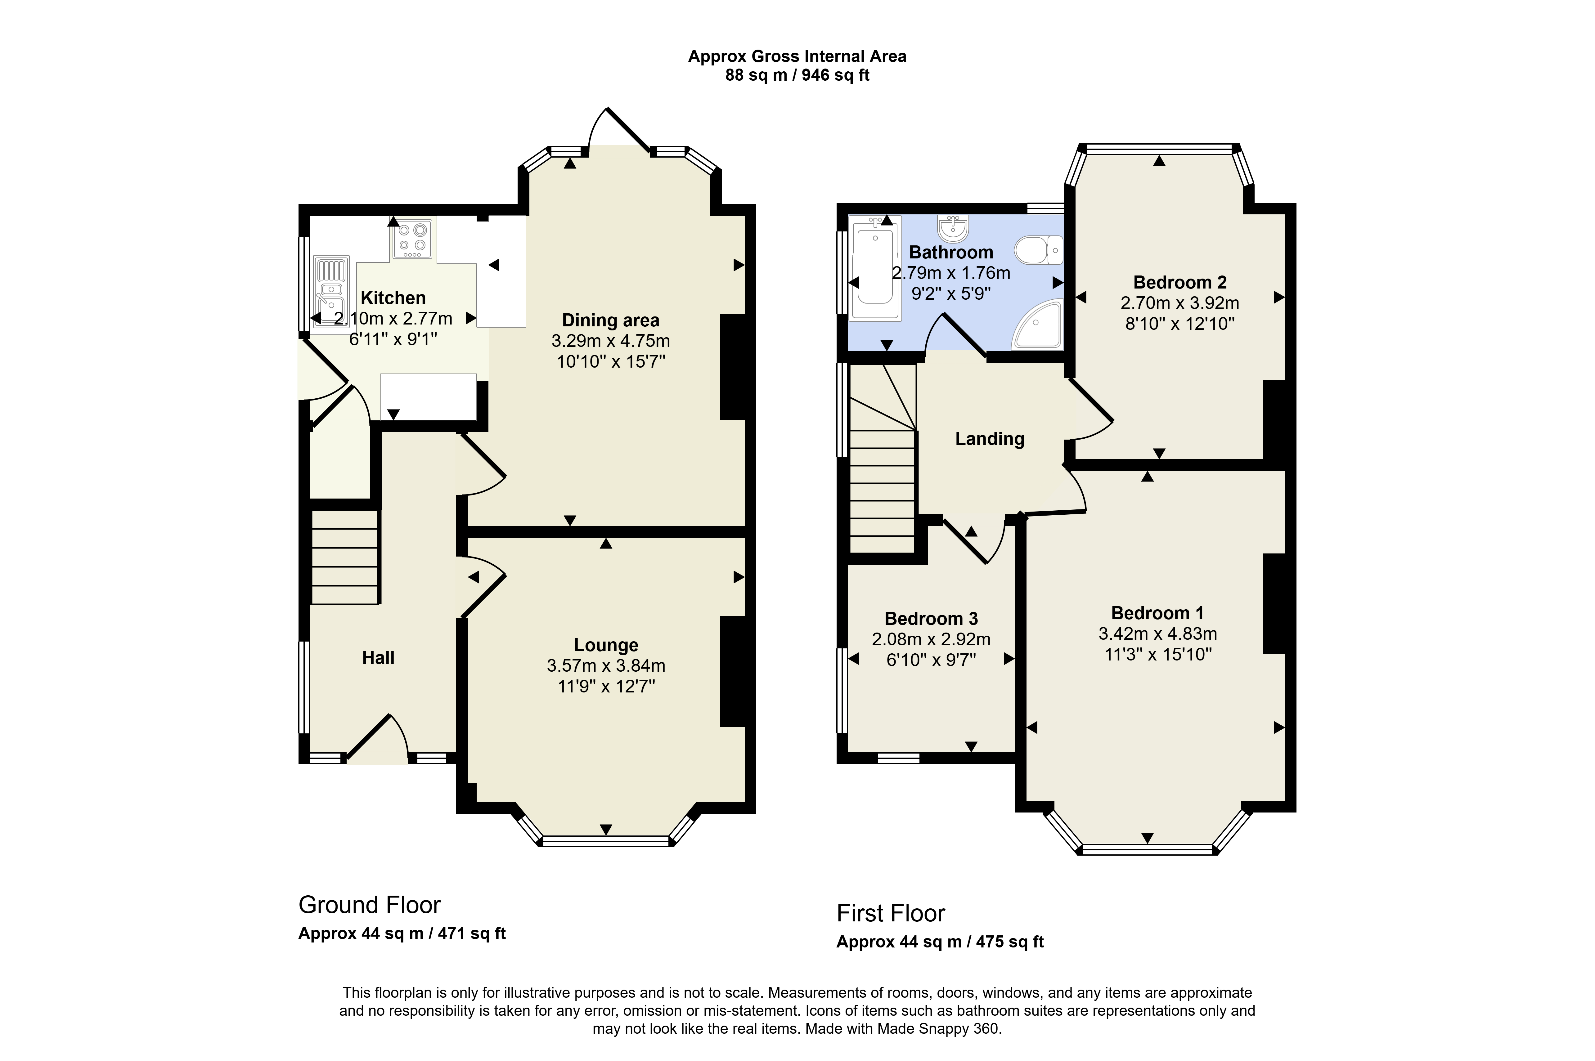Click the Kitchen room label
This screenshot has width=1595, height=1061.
click(393, 298)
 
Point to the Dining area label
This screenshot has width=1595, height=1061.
click(610, 320)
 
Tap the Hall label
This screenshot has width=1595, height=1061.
click(378, 658)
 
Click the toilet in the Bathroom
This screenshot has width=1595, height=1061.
click(1039, 250)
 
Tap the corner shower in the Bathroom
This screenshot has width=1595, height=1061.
click(1037, 325)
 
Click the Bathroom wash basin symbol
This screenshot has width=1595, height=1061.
click(954, 228)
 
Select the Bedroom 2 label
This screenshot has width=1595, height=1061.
click(1179, 282)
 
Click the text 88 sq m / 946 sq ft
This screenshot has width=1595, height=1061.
click(797, 75)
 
